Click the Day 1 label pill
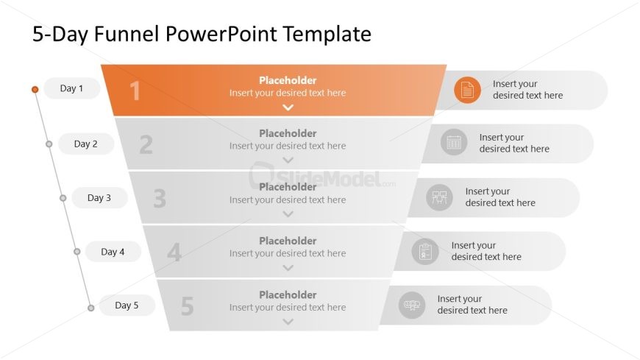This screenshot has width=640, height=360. (72, 88)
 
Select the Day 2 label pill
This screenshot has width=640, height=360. (86, 144)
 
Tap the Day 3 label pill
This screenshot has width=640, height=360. (99, 198)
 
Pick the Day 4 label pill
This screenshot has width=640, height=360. (113, 252)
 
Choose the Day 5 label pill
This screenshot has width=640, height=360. (127, 306)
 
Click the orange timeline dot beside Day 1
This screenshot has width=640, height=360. (35, 90)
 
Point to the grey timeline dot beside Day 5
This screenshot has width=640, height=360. (91, 308)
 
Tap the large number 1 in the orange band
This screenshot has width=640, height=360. (135, 91)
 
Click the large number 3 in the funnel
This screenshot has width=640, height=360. (160, 199)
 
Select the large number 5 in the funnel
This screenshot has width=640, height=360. (188, 306)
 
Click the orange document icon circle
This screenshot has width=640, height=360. (467, 90)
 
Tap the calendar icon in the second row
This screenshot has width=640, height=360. (454, 142)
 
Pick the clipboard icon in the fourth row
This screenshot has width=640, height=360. (425, 251)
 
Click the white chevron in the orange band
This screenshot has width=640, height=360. (288, 107)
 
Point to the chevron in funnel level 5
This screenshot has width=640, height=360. (288, 322)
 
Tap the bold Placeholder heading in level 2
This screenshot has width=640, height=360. (288, 133)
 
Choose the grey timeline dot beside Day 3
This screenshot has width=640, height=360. (63, 198)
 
